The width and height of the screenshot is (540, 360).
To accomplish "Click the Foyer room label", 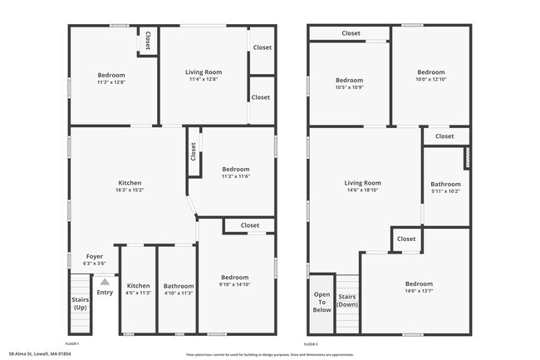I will pyautogui.click(x=95, y=256).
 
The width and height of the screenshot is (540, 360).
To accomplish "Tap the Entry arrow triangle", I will pyautogui.click(x=105, y=283).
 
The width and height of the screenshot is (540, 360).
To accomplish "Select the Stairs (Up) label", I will pyautogui.click(x=81, y=303).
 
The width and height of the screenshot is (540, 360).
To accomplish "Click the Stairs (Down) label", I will pyautogui.click(x=347, y=300).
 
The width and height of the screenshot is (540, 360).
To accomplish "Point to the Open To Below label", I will pyautogui.click(x=322, y=302).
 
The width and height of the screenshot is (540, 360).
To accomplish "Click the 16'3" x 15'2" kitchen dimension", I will pyautogui.click(x=130, y=190).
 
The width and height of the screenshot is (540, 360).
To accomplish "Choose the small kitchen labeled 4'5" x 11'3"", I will pyautogui.click(x=138, y=293).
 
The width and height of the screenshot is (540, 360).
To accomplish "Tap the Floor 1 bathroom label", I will pyautogui.click(x=178, y=285).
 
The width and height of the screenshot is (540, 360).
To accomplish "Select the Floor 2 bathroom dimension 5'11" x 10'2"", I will pyautogui.click(x=445, y=191).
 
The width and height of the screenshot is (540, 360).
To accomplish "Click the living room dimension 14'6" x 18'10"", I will pyautogui.click(x=362, y=190).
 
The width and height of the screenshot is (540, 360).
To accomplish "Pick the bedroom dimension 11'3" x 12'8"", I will pyautogui.click(x=111, y=82).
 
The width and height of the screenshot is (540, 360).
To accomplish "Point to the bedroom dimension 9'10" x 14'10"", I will pyautogui.click(x=234, y=284).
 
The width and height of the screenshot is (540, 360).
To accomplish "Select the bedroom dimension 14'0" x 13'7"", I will pyautogui.click(x=419, y=290).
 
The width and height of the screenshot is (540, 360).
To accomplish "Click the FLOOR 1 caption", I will pyautogui.click(x=72, y=343).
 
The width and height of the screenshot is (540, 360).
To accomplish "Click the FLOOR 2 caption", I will pyautogui.click(x=311, y=343).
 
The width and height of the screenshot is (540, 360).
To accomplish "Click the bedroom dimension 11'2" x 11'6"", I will pyautogui.click(x=235, y=176).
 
